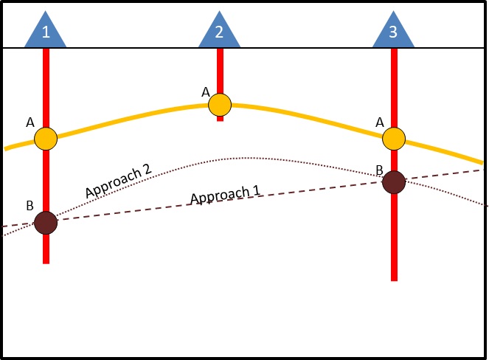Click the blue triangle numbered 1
[x=46, y=32]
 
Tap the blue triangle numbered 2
[x=220, y=32]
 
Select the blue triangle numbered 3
[x=393, y=32]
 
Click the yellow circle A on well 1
[x=46, y=138]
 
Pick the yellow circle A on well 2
[x=220, y=105]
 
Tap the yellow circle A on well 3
[x=394, y=138]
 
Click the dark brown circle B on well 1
[x=46, y=222]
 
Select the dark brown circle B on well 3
[x=394, y=181]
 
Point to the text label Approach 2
[x=118, y=181]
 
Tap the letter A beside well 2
[x=205, y=92]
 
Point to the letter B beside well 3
[x=379, y=170]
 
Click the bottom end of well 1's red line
[x=46, y=262]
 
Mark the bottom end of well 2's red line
[x=220, y=120]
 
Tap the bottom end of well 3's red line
[x=394, y=280]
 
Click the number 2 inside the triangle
[x=220, y=32]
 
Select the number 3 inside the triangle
[x=393, y=32]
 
